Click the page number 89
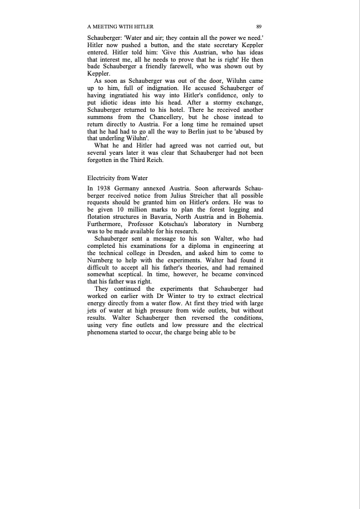click(x=259, y=27)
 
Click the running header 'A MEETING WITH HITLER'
click(x=120, y=27)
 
